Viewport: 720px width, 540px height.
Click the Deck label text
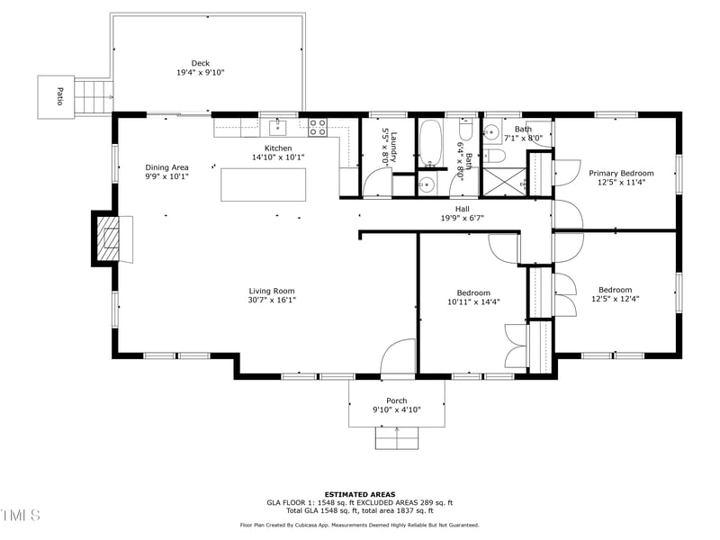[x=200, y=63]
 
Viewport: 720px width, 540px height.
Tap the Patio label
[x=59, y=96]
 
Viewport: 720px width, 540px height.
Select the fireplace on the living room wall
[x=109, y=238]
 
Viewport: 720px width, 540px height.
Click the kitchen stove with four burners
[x=318, y=127]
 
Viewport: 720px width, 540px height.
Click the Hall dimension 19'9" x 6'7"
[x=463, y=217]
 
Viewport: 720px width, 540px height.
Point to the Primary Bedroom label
[x=621, y=173]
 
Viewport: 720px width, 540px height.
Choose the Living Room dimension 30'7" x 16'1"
[x=272, y=301]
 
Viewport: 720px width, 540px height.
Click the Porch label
[x=396, y=400]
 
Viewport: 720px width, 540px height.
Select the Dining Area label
[x=166, y=167]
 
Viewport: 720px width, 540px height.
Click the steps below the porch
[x=396, y=437]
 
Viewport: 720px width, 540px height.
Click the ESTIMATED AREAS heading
[x=359, y=494]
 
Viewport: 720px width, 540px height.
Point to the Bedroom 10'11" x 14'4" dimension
[x=472, y=302]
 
